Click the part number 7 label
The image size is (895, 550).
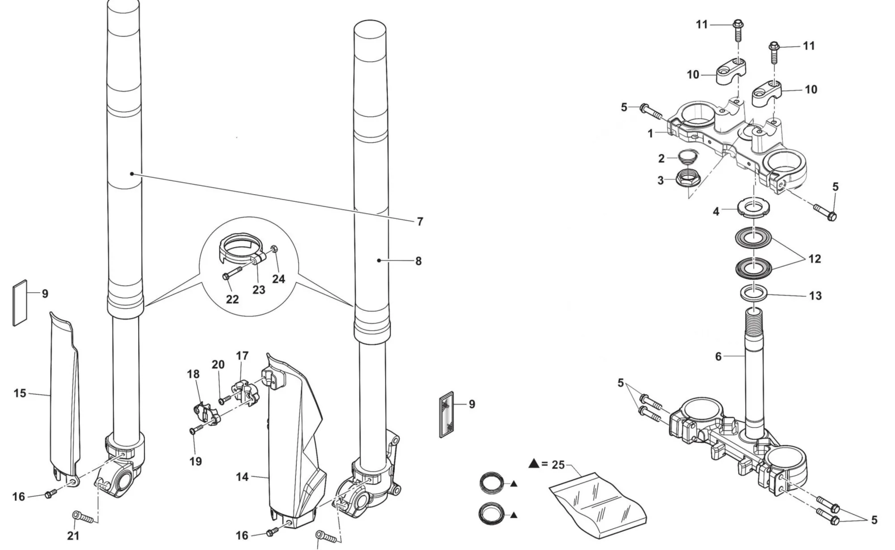(x=420, y=222)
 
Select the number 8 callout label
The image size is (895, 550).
(x=418, y=261)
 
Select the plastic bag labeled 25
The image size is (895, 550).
(x=597, y=503)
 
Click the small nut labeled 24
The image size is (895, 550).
(x=275, y=249)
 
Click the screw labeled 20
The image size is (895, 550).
(x=224, y=399)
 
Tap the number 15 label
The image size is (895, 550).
(x=20, y=393)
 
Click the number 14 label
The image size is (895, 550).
(x=242, y=477)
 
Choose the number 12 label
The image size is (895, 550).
(x=814, y=259)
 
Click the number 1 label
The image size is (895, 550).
(x=650, y=133)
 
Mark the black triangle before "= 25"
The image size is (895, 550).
(x=533, y=464)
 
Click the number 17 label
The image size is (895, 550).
(x=242, y=356)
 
